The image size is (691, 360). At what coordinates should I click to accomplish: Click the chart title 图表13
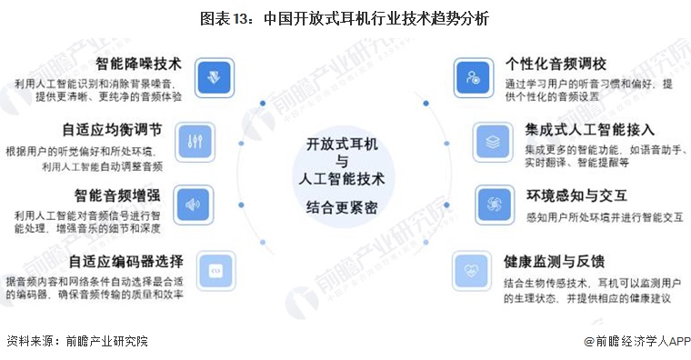[x=345, y=18]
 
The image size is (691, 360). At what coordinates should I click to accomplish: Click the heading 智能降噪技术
[x=138, y=64]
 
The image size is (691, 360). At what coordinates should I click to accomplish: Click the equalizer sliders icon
[x=193, y=141]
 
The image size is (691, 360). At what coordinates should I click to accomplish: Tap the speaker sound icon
[x=193, y=205]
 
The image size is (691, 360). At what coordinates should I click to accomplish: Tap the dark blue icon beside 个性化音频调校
[x=473, y=76]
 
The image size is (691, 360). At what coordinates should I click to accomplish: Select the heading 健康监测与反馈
[x=555, y=262]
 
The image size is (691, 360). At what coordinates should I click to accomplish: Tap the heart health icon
[x=472, y=271]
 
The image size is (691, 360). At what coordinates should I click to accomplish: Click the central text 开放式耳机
[x=345, y=145]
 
